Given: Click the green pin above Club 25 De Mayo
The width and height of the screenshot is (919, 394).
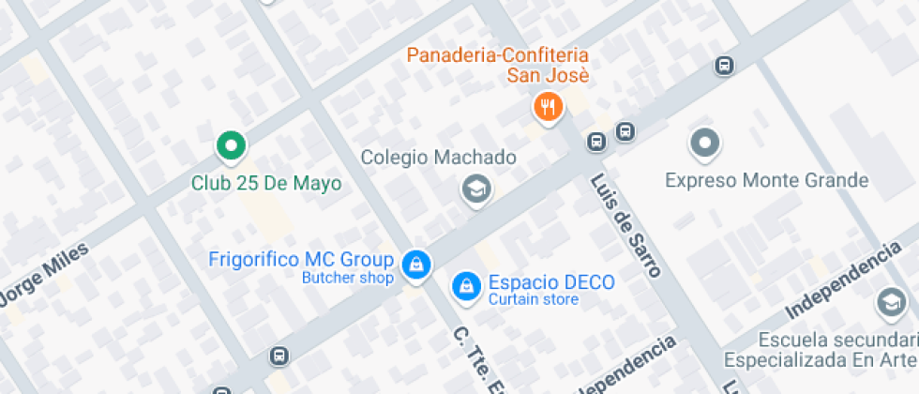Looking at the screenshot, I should [x=231, y=145].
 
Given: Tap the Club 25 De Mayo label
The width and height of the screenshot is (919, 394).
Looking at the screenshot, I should [x=266, y=183].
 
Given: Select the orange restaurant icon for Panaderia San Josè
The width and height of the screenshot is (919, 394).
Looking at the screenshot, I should [x=548, y=107].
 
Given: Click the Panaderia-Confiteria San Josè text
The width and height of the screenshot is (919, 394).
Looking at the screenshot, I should [x=497, y=65].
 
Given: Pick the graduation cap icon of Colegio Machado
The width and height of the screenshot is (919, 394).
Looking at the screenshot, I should [x=477, y=190].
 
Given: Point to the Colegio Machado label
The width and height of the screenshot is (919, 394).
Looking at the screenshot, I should [x=438, y=158].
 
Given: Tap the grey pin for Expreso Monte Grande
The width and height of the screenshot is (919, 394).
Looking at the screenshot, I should [x=704, y=144].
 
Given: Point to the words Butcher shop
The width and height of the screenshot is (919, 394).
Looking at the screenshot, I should [x=347, y=278].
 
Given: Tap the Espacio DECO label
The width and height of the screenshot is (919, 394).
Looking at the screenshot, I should [x=551, y=282].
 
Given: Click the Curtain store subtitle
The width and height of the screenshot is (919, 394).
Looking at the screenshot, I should [x=533, y=300].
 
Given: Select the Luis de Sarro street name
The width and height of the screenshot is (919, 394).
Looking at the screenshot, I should [x=625, y=225].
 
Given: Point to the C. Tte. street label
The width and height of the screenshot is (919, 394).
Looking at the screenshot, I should [x=467, y=356].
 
